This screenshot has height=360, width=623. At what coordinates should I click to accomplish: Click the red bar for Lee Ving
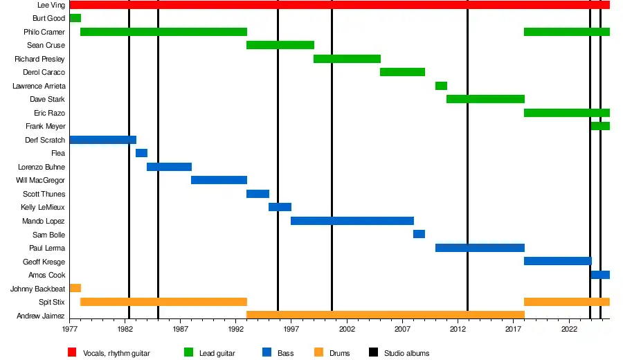[x=339, y=5]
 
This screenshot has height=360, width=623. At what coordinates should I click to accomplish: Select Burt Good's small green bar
[x=75, y=18]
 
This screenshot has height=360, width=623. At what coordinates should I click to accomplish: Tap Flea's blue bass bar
[x=141, y=153]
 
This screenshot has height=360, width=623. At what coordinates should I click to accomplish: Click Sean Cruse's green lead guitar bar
[x=280, y=45]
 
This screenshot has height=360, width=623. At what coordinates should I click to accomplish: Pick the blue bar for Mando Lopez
[x=352, y=221]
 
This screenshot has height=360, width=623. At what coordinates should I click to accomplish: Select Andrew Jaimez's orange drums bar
[x=386, y=315]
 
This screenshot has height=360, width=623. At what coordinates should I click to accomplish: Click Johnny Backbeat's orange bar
[x=75, y=288]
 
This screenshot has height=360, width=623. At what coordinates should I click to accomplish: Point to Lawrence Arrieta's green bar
[x=441, y=86]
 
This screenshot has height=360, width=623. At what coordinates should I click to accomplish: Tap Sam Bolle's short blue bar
[x=419, y=234]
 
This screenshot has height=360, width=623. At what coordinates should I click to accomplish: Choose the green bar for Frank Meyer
[x=600, y=126]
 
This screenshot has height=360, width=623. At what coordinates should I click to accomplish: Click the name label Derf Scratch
[x=44, y=140]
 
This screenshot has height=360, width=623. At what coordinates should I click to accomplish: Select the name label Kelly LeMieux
[x=43, y=208]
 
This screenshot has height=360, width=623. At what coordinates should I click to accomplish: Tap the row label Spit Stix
[x=52, y=302]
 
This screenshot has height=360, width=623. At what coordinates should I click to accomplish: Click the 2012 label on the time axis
[x=458, y=330]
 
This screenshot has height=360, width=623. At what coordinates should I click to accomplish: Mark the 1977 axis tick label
[x=70, y=330]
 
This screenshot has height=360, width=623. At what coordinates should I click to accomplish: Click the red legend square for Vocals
[x=72, y=353]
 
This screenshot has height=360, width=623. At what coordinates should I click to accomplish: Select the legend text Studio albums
[x=406, y=353]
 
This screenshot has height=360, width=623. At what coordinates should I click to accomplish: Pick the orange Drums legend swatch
[x=318, y=353]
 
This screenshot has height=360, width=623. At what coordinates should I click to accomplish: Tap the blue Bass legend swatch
[x=266, y=353]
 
